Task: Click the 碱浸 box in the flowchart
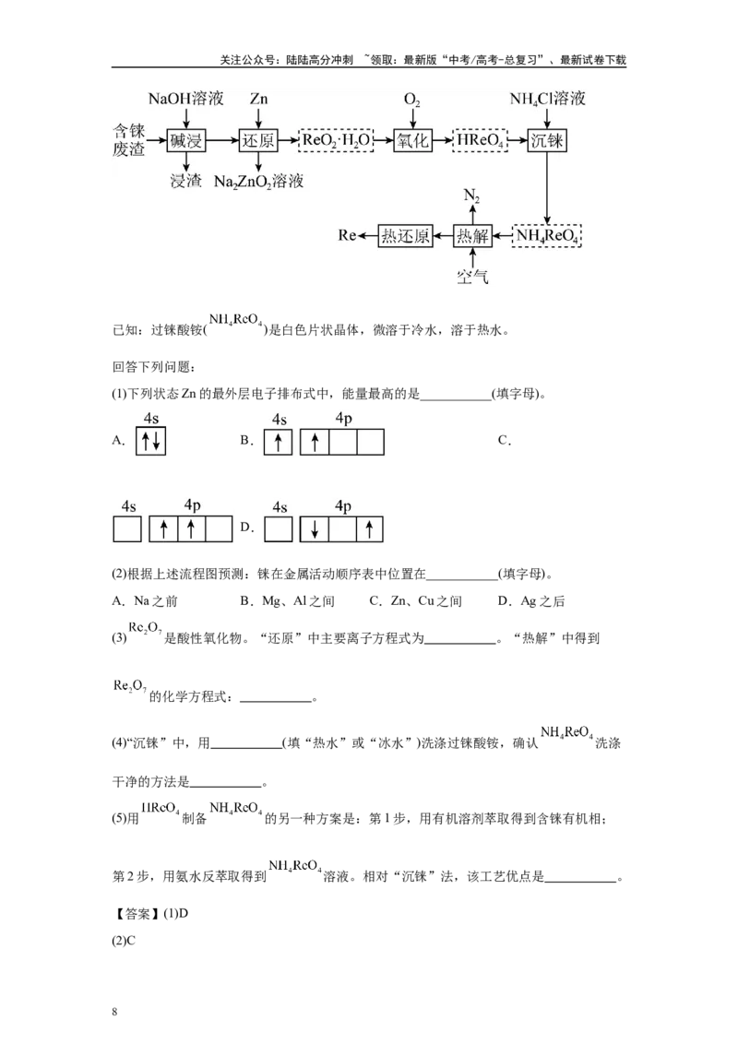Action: pyautogui.click(x=185, y=141)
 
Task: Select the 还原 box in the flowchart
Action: pyautogui.click(x=258, y=141)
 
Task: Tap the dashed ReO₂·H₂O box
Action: pyautogui.click(x=336, y=140)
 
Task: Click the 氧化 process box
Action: pyautogui.click(x=413, y=141)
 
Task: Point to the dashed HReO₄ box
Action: pyautogui.click(x=481, y=140)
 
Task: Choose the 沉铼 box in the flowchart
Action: pyautogui.click(x=547, y=141)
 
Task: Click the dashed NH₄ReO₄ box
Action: pyautogui.click(x=547, y=236)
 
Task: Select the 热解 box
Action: pyautogui.click(x=472, y=236)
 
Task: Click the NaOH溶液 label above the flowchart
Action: pyautogui.click(x=185, y=100)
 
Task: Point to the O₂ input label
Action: pyautogui.click(x=412, y=100)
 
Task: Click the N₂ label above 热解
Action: pyautogui.click(x=471, y=196)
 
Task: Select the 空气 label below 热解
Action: pyautogui.click(x=472, y=276)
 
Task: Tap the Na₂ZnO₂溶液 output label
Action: pyautogui.click(x=259, y=181)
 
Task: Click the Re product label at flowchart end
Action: pyautogui.click(x=347, y=236)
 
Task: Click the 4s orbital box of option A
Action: pyautogui.click(x=150, y=441)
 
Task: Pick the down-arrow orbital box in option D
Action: pyautogui.click(x=314, y=529)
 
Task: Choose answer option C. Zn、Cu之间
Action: pyautogui.click(x=416, y=601)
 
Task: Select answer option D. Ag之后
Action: pyautogui.click(x=530, y=601)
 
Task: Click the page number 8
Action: pyautogui.click(x=114, y=1012)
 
